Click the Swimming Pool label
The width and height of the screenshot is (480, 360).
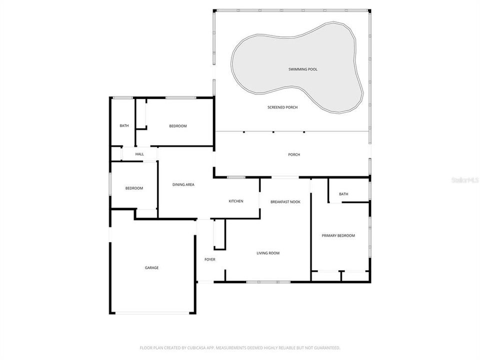302,69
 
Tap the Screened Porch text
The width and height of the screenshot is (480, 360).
282,107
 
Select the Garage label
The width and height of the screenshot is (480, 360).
151,268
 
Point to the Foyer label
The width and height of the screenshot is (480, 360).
210,259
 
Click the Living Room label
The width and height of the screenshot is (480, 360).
268,253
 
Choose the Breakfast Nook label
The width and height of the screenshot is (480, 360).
285,201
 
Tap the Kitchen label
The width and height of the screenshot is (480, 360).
236,201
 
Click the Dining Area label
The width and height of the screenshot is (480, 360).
183,185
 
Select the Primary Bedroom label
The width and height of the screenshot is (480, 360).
338,235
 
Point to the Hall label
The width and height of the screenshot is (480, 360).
139,154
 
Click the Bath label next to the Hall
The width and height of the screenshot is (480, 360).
124,126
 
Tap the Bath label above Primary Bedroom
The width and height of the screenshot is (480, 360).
343,194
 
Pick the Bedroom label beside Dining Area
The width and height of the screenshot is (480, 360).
134,188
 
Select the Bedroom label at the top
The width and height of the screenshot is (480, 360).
177,126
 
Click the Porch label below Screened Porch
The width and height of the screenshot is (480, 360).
294,154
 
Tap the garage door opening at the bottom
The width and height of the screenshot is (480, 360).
152,313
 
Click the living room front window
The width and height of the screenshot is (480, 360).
268,282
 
